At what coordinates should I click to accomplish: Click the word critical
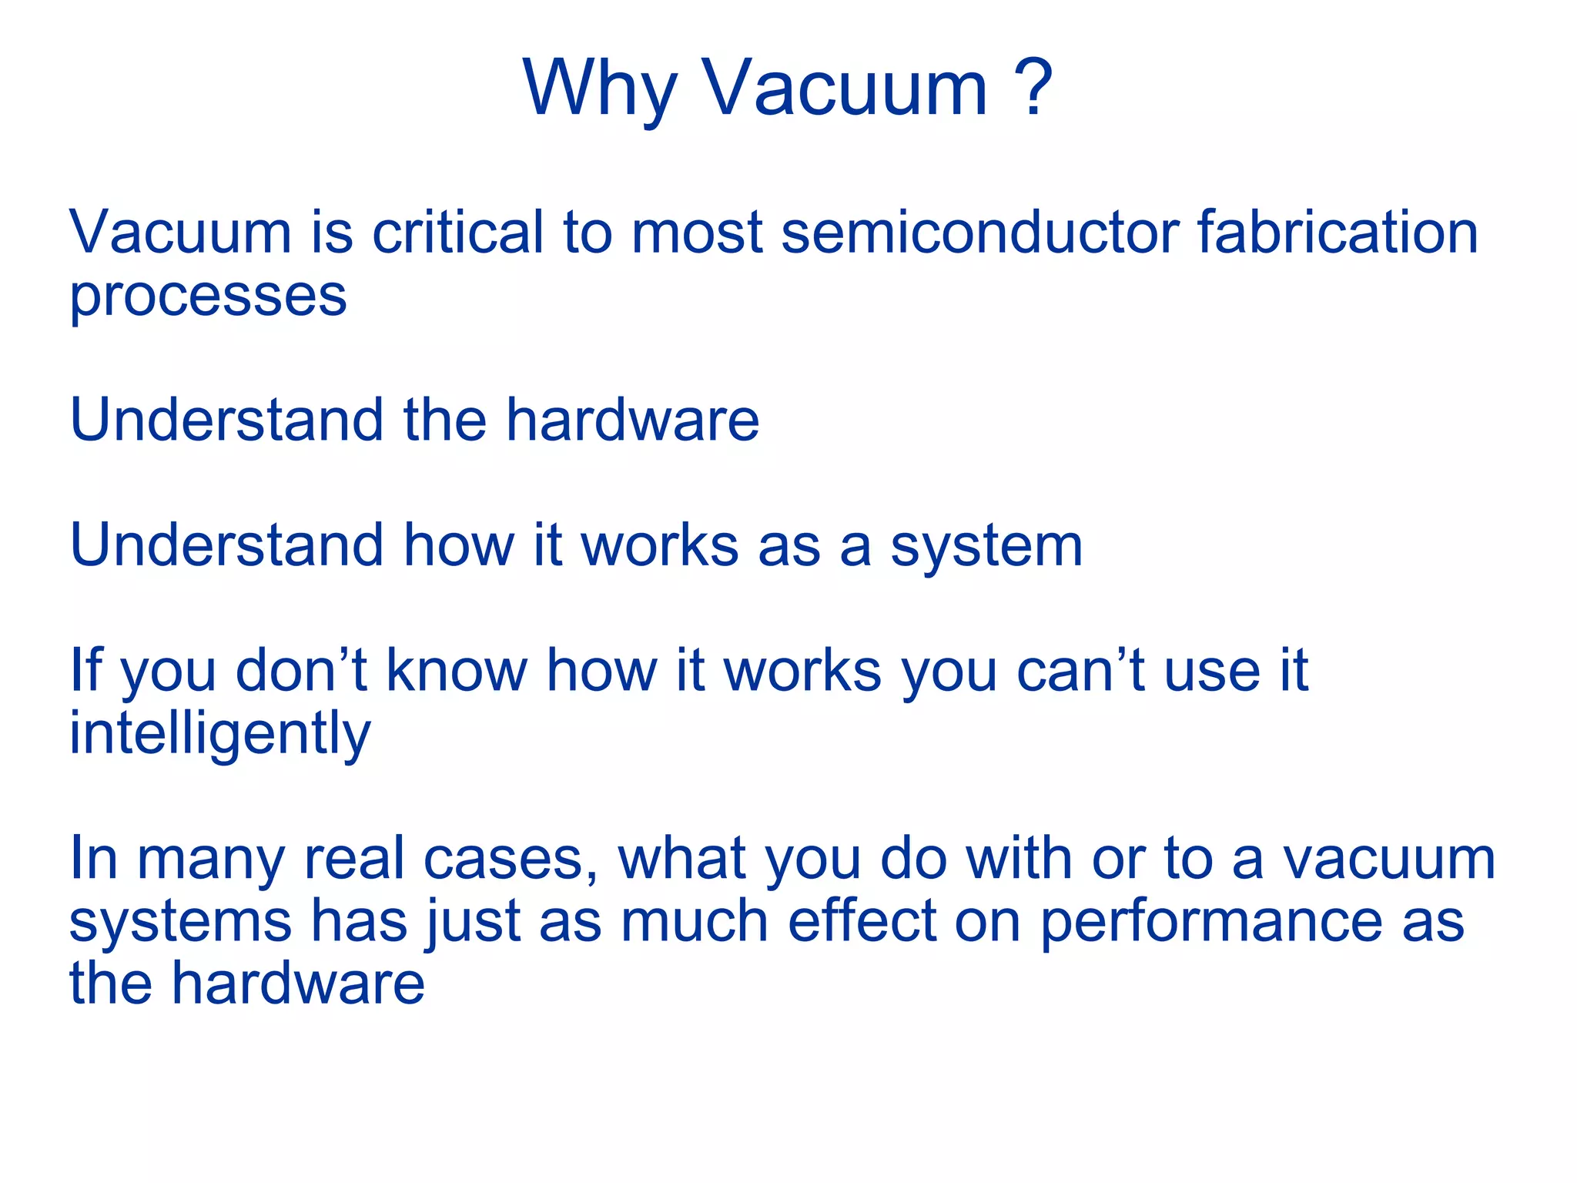pos(457,232)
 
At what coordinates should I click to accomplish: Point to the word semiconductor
pos(979,232)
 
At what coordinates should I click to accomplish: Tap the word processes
pos(208,297)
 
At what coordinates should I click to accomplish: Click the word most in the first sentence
pos(697,233)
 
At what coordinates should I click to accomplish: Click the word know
pos(456,669)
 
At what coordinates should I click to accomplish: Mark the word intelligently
pos(220,734)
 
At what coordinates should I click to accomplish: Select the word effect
pos(862,922)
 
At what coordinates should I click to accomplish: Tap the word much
pos(695,922)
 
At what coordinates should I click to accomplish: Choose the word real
pos(353,859)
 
